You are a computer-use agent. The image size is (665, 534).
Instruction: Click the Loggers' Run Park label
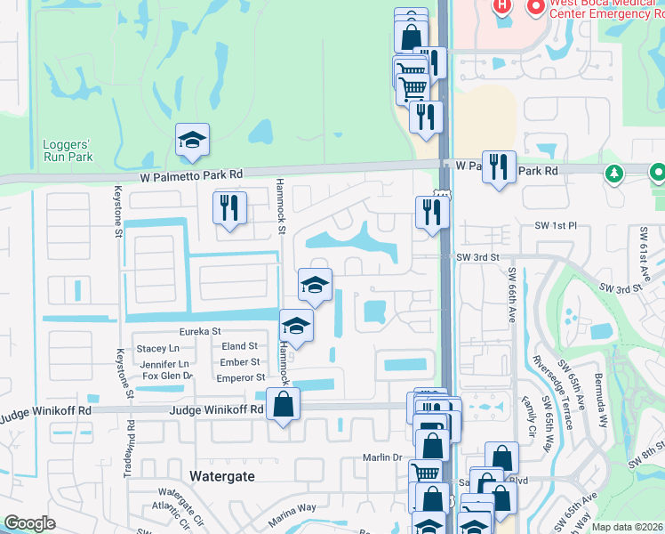[67, 150]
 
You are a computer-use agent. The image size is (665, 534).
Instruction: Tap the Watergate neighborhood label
[222, 476]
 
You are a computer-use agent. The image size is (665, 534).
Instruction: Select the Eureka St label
[200, 331]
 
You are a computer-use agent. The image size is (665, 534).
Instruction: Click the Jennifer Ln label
[165, 363]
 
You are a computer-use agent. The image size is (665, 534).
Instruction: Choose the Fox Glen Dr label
[168, 376]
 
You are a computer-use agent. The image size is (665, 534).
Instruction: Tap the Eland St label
[240, 346]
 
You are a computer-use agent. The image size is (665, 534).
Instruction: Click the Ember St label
[240, 362]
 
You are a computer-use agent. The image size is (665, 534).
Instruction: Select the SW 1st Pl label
[557, 226]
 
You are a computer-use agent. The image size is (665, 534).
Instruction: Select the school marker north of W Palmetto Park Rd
[192, 140]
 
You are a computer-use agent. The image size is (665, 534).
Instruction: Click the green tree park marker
[612, 173]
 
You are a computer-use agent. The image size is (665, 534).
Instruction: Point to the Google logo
[29, 523]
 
